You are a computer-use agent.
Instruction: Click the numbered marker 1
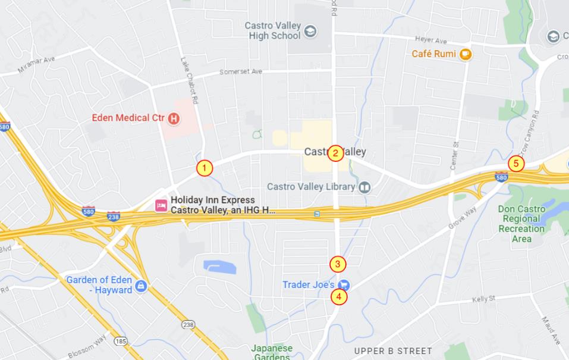tap(205, 168)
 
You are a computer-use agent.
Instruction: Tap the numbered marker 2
tap(335, 154)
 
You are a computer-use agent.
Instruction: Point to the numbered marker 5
tap(516, 163)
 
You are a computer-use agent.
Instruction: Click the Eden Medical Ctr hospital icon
tap(174, 118)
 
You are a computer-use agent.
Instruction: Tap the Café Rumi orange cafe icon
tap(465, 54)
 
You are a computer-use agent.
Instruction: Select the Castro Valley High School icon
tap(310, 31)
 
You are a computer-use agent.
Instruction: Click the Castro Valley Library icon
tap(364, 187)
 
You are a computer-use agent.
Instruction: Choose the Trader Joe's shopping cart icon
tap(344, 285)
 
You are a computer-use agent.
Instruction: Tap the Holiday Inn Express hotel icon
tap(161, 205)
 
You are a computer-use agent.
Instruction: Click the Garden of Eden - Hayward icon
tap(141, 286)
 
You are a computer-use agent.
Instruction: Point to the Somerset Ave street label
tap(241, 71)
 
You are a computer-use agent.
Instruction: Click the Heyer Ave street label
tap(432, 40)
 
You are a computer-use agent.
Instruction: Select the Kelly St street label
tap(483, 298)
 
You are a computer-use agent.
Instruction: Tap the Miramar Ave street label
tap(36, 65)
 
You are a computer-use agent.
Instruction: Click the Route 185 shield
tap(121, 342)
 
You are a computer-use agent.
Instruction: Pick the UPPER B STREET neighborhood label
tap(393, 351)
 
